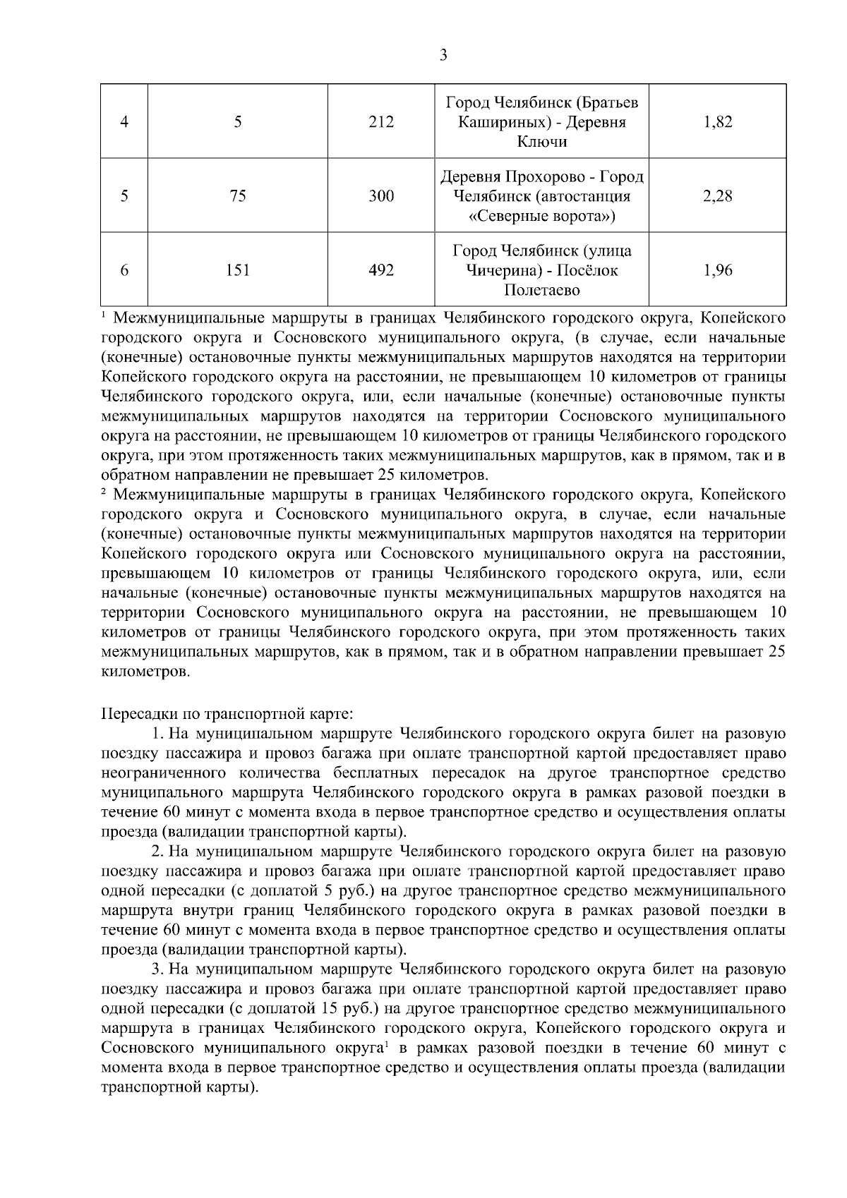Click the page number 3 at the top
(x=443, y=55)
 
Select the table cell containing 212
(x=381, y=122)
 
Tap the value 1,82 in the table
(x=718, y=122)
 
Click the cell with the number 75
(x=238, y=196)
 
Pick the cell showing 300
(x=381, y=196)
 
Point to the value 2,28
(x=718, y=196)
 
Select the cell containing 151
(x=238, y=270)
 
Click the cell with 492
(x=381, y=270)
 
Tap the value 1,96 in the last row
(x=718, y=270)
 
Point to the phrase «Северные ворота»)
(x=541, y=216)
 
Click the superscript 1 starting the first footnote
(x=104, y=314)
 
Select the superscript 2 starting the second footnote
(x=104, y=492)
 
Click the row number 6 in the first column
(x=124, y=270)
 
